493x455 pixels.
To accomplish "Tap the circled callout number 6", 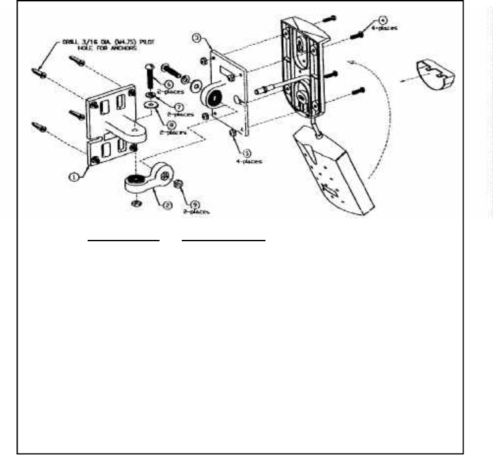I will point(167,84).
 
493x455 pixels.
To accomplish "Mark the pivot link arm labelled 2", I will point(144,186).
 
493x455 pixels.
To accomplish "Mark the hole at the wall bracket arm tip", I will point(137,131).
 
